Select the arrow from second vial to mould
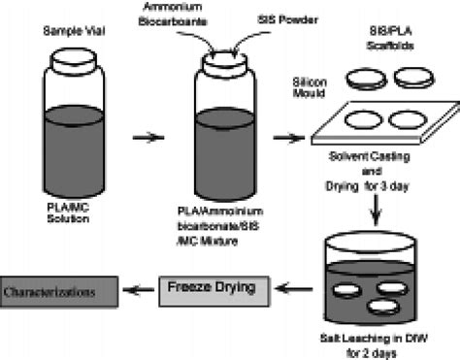point(285,137)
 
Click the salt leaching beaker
point(368,281)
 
